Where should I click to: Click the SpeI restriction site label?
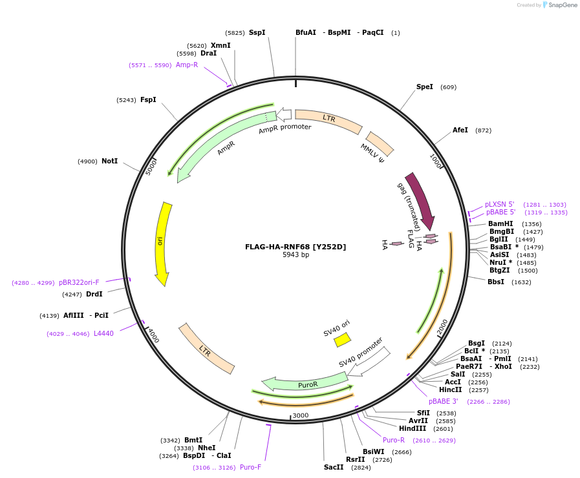(425, 87)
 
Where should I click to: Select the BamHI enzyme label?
(500, 224)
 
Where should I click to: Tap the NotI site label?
(109, 161)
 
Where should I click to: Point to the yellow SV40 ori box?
(342, 339)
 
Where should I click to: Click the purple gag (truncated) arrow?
(420, 200)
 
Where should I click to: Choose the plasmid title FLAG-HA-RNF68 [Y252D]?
(295, 247)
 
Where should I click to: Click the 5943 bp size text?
(295, 255)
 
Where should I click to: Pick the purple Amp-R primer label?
(187, 65)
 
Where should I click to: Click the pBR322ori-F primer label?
(79, 282)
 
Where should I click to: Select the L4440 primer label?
(103, 333)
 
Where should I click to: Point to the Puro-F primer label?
(250, 467)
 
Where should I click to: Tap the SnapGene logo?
(560, 5)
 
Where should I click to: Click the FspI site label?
(148, 99)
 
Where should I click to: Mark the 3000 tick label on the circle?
(301, 415)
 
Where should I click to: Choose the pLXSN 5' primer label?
(500, 204)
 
